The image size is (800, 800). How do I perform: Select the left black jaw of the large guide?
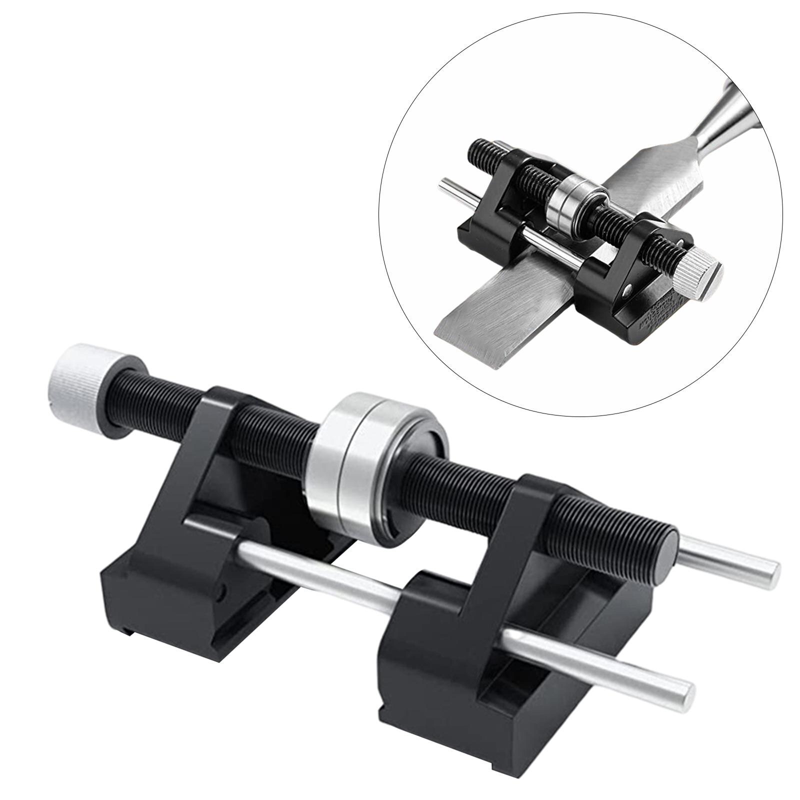[x=200, y=525]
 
